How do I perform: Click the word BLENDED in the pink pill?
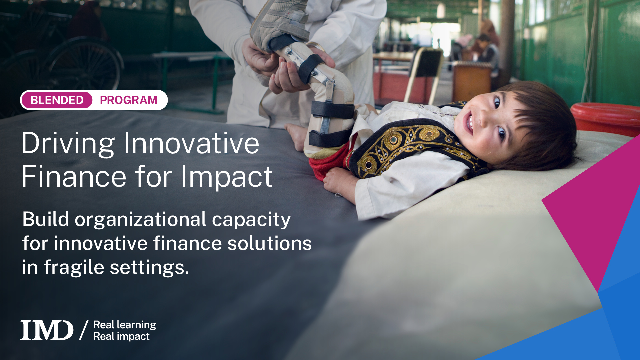click(57, 100)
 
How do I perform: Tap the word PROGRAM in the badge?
click(129, 100)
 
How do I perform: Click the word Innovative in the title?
click(191, 143)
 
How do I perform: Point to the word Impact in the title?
click(227, 177)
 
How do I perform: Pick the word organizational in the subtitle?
click(140, 220)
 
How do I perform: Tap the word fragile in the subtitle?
click(74, 268)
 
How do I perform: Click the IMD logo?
click(47, 330)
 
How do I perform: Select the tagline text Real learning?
click(125, 325)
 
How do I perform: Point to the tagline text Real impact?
click(121, 336)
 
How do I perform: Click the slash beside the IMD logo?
click(84, 330)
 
